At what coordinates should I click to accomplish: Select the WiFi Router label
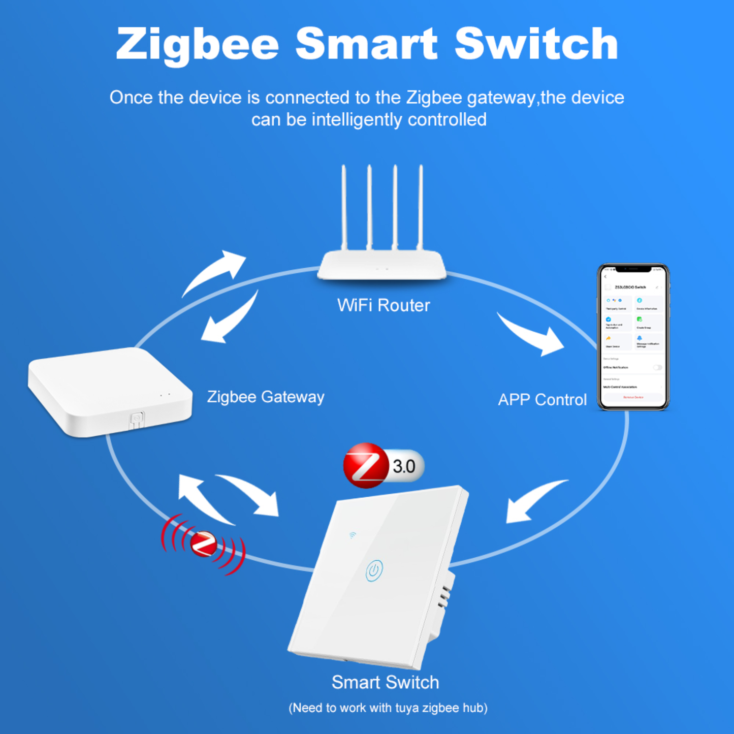click(x=384, y=305)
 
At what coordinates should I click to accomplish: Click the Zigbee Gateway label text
click(x=265, y=397)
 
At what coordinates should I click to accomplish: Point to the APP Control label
click(x=542, y=400)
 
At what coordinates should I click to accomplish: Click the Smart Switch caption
click(x=385, y=682)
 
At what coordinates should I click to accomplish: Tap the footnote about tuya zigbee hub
click(x=388, y=708)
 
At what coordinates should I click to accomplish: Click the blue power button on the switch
click(x=374, y=570)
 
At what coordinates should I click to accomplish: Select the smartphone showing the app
click(x=633, y=336)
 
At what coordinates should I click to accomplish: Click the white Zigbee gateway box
click(x=109, y=390)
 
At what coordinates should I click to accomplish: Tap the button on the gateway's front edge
click(x=136, y=420)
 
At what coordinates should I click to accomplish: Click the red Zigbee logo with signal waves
click(x=203, y=544)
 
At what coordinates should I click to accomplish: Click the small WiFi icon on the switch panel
click(x=353, y=535)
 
